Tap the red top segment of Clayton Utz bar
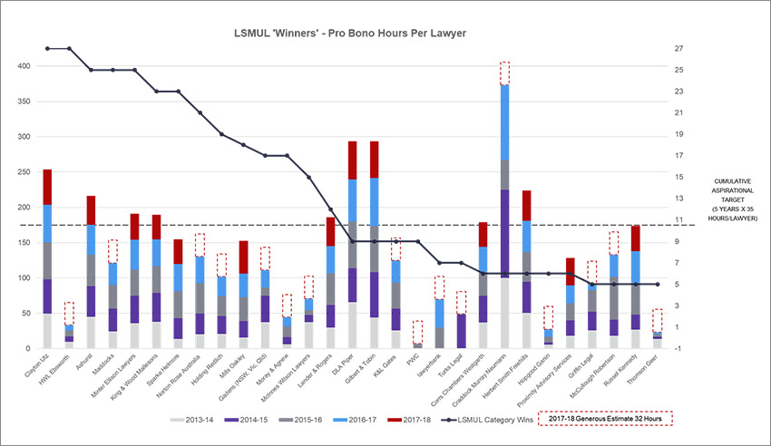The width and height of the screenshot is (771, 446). pyautogui.click(x=47, y=187)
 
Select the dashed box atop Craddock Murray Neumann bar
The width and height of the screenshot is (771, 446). pyautogui.click(x=504, y=73)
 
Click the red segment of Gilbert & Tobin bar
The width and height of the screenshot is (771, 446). pyautogui.click(x=374, y=159)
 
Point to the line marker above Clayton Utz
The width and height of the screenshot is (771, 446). pyautogui.click(x=47, y=48)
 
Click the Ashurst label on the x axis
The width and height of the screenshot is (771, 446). pyautogui.click(x=83, y=364)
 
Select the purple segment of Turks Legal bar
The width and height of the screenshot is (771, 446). pyautogui.click(x=461, y=331)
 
